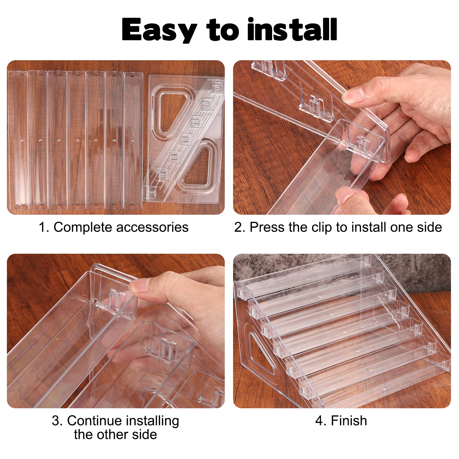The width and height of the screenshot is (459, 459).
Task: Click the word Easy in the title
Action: click(159, 30)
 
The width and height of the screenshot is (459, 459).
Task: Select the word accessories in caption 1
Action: click(152, 227)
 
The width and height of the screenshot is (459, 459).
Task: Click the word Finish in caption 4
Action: click(349, 421)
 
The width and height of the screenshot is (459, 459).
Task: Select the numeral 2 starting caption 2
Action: click(238, 227)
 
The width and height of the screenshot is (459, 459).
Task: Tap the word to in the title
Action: click(222, 30)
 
